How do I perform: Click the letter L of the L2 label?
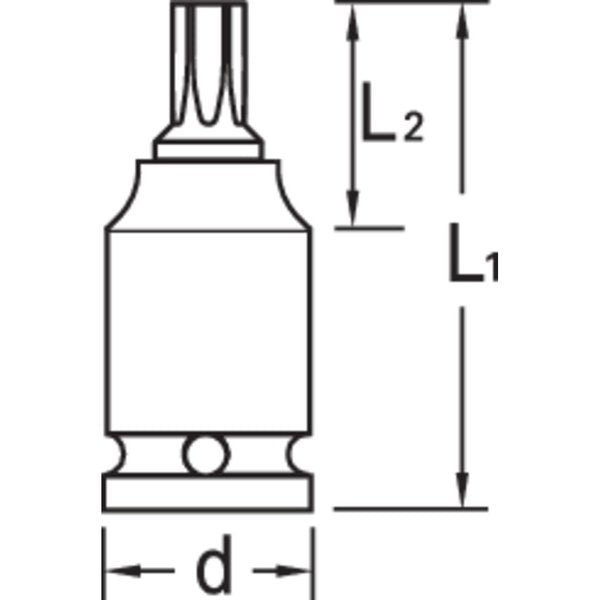(378, 121)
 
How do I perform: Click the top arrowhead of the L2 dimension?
(351, 22)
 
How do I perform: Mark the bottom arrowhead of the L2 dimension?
(351, 211)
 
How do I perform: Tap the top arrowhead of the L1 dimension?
(461, 22)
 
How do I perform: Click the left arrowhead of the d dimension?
(117, 572)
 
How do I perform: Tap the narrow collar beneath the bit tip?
(209, 150)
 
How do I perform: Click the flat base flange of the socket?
(208, 492)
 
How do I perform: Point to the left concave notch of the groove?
(121, 456)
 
